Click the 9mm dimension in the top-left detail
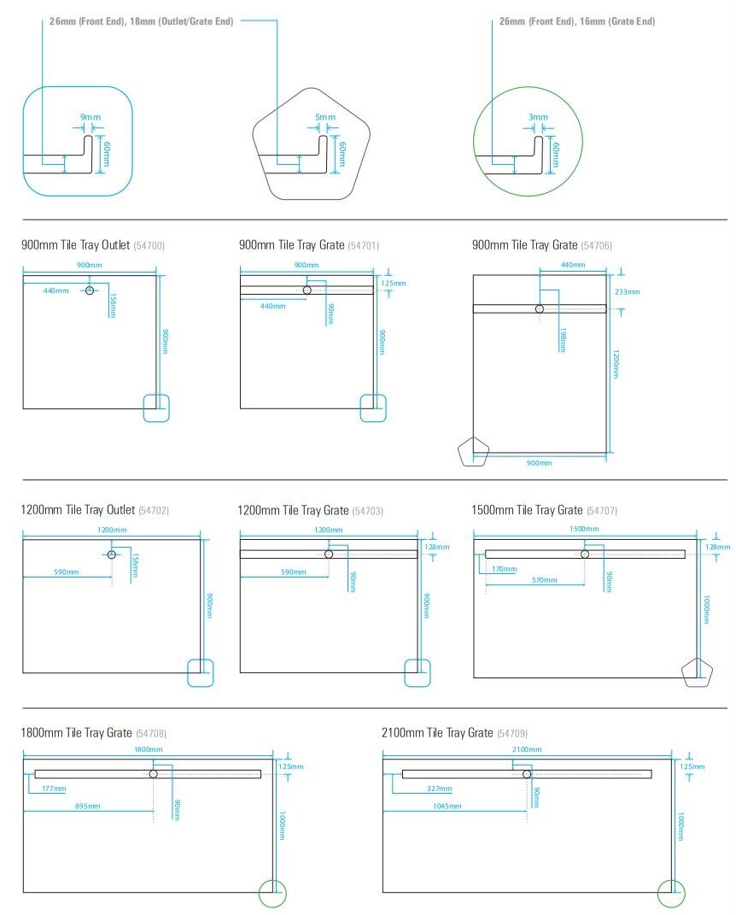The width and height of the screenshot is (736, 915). (x=91, y=117)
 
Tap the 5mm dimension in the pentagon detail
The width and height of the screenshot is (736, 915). (x=324, y=117)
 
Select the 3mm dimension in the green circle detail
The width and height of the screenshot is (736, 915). (x=538, y=117)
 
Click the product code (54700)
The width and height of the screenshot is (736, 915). (x=149, y=246)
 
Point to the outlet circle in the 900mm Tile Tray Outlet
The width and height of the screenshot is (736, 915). (x=90, y=290)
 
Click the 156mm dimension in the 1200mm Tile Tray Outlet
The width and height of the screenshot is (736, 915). (x=135, y=566)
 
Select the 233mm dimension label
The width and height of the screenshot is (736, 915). (x=627, y=292)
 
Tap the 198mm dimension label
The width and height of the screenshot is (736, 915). (x=563, y=340)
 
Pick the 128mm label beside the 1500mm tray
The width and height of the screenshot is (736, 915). (x=718, y=547)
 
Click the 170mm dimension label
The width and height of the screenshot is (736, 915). (x=505, y=569)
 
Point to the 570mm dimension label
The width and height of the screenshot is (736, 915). (x=544, y=580)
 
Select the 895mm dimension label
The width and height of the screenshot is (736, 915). (x=87, y=806)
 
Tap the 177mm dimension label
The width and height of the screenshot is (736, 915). (x=54, y=789)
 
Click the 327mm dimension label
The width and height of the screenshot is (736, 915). (x=439, y=789)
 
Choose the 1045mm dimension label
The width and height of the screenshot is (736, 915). (x=447, y=806)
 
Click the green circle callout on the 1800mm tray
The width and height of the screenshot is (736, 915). (x=259, y=894)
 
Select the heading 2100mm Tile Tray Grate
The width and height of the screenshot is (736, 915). (x=437, y=733)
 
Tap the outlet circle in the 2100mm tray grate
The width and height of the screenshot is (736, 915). (x=527, y=774)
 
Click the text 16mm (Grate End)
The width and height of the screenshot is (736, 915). (x=617, y=21)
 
